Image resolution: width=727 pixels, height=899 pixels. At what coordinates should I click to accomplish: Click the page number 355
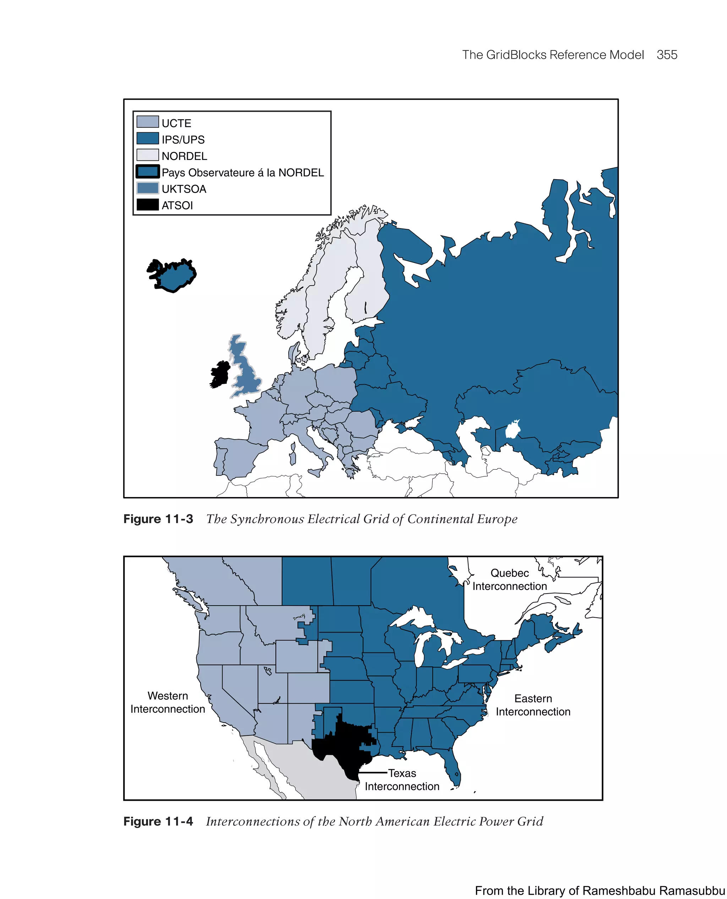point(667,55)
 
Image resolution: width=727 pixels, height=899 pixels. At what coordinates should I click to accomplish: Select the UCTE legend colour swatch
point(147,122)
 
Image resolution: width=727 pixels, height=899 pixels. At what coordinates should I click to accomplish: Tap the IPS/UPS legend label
point(183,139)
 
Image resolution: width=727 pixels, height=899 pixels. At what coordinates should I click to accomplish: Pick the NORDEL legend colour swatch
point(147,155)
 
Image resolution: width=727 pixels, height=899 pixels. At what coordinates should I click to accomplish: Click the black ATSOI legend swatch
point(147,205)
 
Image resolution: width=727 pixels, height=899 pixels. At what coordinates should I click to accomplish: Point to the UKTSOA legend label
point(184,189)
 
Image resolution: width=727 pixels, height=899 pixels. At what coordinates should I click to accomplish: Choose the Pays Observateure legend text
point(242,172)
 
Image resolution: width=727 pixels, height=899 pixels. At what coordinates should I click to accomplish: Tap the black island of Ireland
point(219,374)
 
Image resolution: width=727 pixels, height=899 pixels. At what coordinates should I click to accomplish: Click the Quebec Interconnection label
point(510,579)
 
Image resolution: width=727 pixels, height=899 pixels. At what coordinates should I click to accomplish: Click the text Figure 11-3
point(158,519)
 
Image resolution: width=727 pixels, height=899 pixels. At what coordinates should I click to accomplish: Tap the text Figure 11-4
point(158,821)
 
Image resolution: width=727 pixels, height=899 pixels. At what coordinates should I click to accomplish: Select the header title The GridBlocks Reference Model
point(552,55)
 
